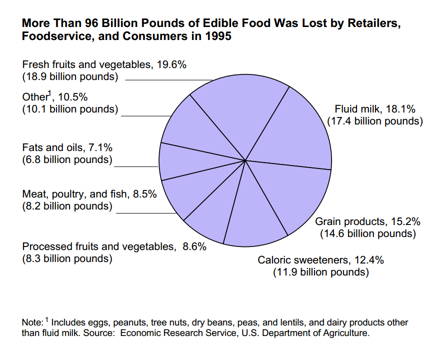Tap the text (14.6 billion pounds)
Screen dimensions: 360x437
[x=368, y=233]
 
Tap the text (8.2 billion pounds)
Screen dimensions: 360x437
[x=67, y=206]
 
